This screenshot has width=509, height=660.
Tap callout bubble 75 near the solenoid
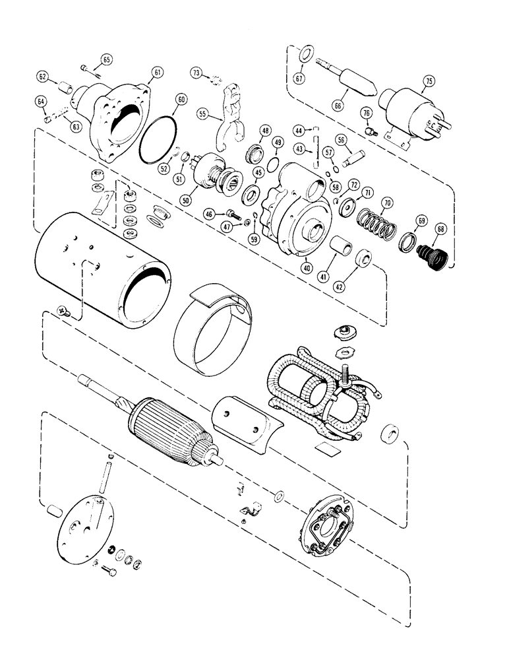click(428, 81)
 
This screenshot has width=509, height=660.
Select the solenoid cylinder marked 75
click(402, 113)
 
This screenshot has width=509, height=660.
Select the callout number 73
click(198, 72)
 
